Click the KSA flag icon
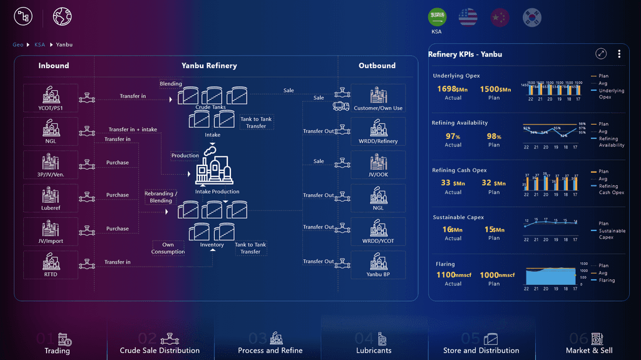[437, 18]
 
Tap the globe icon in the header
[62, 16]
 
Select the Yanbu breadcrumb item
[64, 44]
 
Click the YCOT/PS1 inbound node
[50, 98]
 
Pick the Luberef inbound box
[50, 198]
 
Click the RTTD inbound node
[50, 265]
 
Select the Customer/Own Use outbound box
[378, 98]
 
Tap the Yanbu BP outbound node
[378, 265]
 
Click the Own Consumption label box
[168, 248]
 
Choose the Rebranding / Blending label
[161, 197]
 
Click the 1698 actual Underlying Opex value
[448, 89]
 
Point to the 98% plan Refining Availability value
[494, 136]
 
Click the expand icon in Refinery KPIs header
[601, 54]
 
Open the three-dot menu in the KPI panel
[619, 54]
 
